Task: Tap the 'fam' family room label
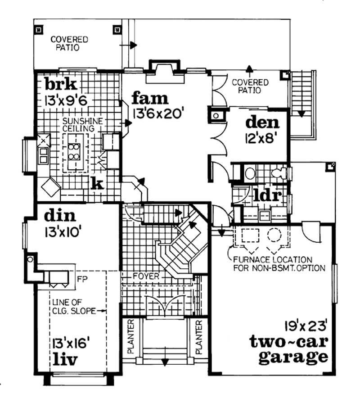[x=150, y=98]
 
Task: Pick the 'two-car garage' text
[x=288, y=350]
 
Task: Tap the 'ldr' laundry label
[x=267, y=196]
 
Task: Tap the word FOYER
[x=146, y=276]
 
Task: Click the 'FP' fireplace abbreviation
[x=82, y=278]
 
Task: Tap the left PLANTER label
[x=131, y=337]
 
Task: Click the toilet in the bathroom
[x=279, y=173]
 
